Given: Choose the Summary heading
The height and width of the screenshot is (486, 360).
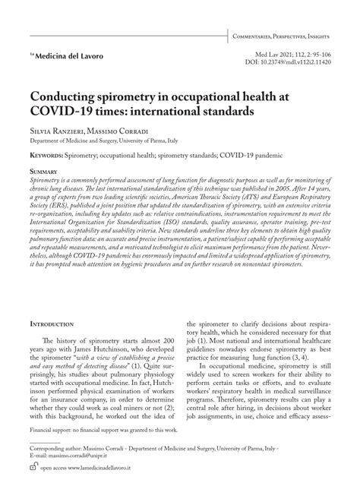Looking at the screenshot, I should coord(43,172).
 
